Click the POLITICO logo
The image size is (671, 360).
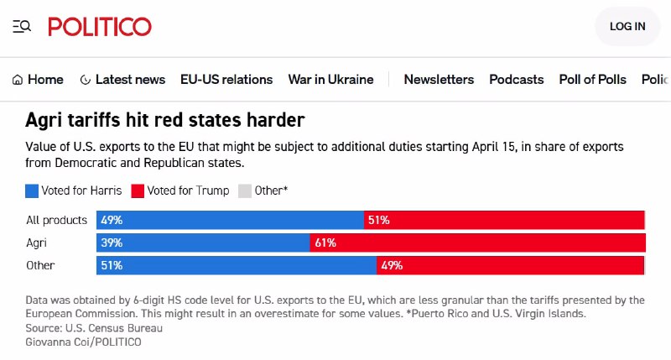click(x=100, y=27)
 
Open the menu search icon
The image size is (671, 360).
click(x=22, y=27)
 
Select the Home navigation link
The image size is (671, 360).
click(x=38, y=80)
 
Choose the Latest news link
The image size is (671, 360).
click(x=122, y=80)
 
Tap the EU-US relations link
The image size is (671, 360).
click(x=226, y=80)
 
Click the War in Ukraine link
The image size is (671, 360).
click(x=330, y=80)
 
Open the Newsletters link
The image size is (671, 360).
click(x=439, y=80)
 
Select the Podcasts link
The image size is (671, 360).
click(x=517, y=80)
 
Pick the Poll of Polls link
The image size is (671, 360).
click(x=592, y=80)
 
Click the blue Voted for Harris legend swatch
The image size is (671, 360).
click(x=32, y=190)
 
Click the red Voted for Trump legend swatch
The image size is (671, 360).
click(x=138, y=190)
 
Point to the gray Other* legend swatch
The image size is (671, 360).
click(x=245, y=190)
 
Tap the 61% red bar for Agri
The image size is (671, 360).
click(x=477, y=243)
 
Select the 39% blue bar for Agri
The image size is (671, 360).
click(x=203, y=243)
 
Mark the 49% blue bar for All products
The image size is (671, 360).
click(x=230, y=221)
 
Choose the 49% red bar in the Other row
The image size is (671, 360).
click(x=510, y=266)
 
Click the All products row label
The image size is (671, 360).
click(x=56, y=221)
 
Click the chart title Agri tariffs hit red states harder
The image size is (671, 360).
click(x=165, y=120)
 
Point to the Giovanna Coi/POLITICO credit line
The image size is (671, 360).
click(x=83, y=342)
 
